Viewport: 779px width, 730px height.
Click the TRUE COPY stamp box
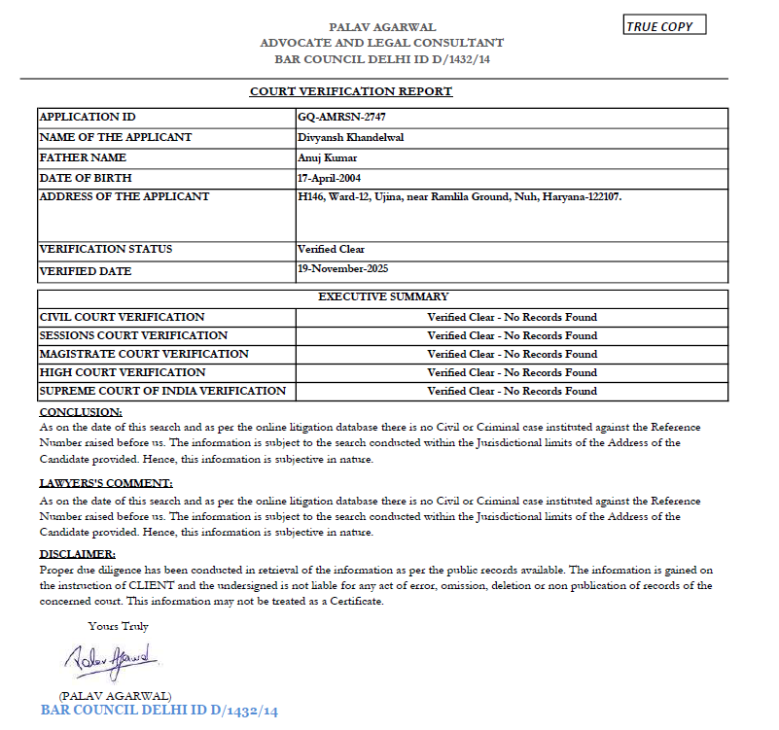tap(664, 25)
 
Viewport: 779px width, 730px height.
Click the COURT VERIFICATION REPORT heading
tap(351, 91)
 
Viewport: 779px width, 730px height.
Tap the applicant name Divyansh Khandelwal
tap(351, 137)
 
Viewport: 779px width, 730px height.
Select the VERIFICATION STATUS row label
tap(106, 250)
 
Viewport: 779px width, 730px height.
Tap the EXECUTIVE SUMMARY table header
tap(383, 296)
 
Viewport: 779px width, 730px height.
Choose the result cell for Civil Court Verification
tap(512, 317)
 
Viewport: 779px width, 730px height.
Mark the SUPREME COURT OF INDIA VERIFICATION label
tap(162, 391)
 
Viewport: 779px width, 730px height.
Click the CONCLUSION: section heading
tap(80, 412)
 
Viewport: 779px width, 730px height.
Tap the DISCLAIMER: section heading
tap(78, 554)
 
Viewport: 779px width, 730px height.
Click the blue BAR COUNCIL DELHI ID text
tap(159, 711)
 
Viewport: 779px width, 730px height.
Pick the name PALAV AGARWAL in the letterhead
tap(382, 27)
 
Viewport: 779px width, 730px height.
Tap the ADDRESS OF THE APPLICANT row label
tap(124, 196)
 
